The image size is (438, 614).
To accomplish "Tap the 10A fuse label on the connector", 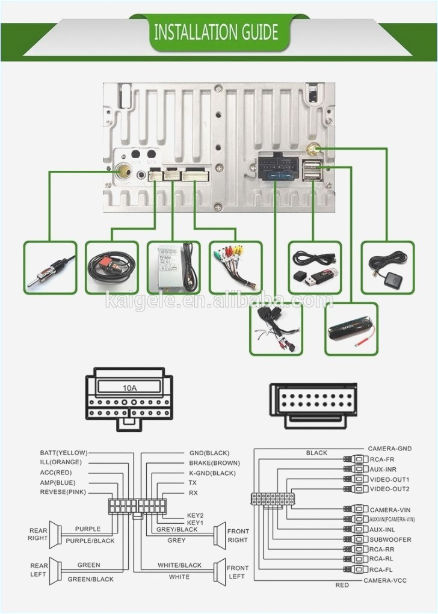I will coord(129,388).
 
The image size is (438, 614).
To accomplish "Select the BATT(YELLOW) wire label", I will coord(64,453).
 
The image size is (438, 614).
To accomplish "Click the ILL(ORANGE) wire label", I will coord(61,462).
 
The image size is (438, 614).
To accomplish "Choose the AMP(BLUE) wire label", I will coord(58,482).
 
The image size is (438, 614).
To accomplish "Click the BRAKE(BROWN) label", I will coord(214,463).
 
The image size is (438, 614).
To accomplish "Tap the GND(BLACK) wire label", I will coord(209,453).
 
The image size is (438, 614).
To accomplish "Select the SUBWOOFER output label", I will coord(390,540).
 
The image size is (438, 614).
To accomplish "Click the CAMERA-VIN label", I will coord(390,510).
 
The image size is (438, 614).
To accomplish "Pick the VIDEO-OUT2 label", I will coord(389,489).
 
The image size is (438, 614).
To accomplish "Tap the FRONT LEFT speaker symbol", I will coord(220,572).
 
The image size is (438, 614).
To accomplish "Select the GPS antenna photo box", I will coord(387,268).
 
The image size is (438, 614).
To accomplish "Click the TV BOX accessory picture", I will coord(173,268).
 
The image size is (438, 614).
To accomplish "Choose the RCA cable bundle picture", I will coord(235,268).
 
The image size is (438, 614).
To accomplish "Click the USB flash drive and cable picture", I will coord(315,268).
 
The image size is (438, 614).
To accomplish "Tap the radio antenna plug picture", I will coord(51,268).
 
